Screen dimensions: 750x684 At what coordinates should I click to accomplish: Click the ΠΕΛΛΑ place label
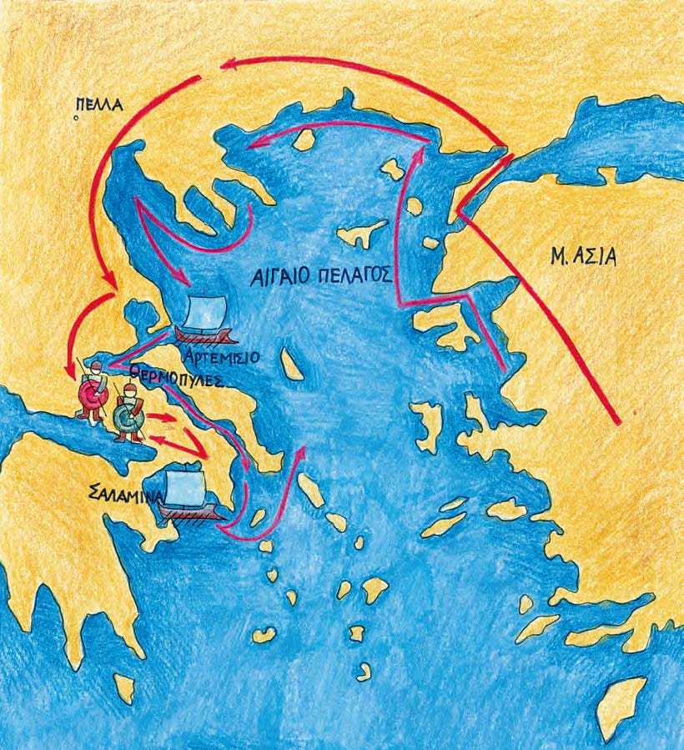point(97,105)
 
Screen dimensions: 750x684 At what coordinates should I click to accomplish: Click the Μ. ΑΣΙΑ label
point(581,255)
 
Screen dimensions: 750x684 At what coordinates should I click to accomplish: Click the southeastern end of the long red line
point(618,421)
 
